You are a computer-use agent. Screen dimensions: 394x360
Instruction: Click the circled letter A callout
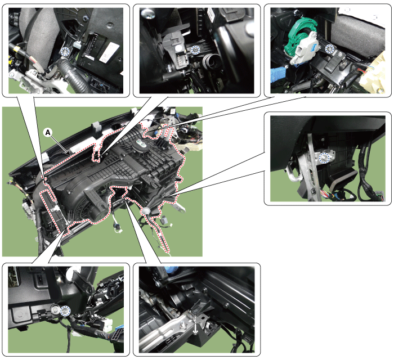coord(47,132)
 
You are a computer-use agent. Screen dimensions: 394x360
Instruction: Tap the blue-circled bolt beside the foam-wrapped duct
coord(66,51)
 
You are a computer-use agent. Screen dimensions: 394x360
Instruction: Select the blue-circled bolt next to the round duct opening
coord(195,49)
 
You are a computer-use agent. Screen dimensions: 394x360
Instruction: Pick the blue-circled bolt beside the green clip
coord(329,48)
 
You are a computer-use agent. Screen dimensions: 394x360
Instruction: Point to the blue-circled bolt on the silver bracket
coord(324,157)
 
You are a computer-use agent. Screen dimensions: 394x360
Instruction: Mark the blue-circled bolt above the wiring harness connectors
coord(65,311)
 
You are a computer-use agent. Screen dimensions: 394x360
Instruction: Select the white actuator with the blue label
coord(305,48)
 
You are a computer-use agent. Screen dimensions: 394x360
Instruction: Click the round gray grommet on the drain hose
coord(145,210)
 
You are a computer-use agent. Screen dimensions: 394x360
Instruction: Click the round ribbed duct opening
coord(211,62)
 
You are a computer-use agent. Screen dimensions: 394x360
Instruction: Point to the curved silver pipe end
coord(293,175)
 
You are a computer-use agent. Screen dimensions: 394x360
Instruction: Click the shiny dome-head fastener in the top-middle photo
coord(149,14)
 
